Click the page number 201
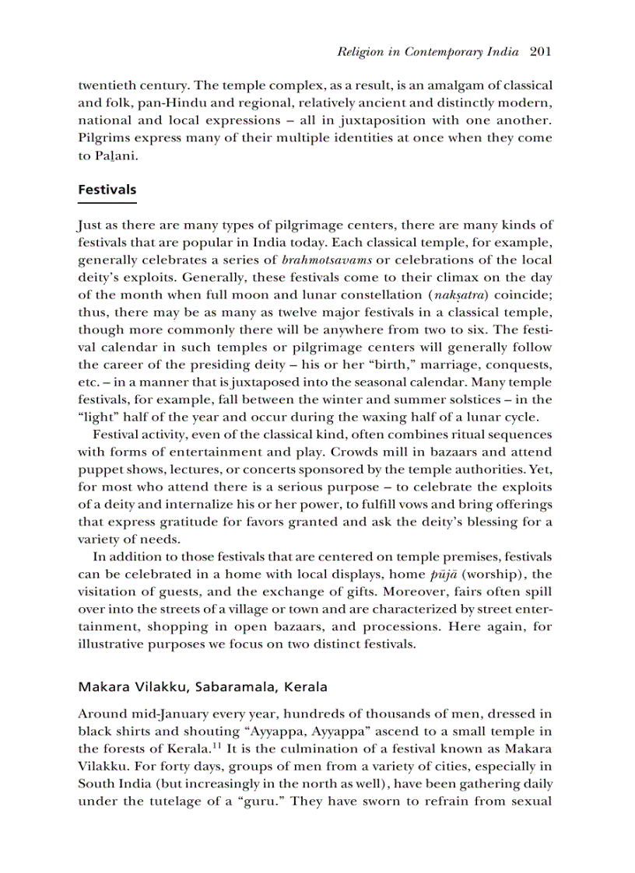(x=540, y=53)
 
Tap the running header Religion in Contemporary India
(x=429, y=53)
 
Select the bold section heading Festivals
(x=107, y=190)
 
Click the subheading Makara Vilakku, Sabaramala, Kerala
(x=202, y=687)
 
